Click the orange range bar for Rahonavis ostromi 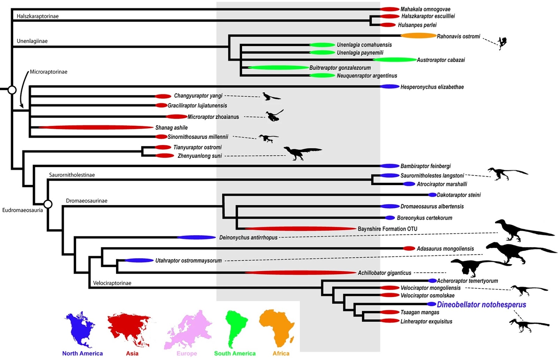pyautogui.click(x=418, y=36)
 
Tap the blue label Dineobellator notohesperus pyautogui.click(x=481, y=305)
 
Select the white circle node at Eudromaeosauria pyautogui.click(x=48, y=204)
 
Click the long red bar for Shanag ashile pyautogui.click(x=96, y=128)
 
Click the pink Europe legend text pyautogui.click(x=187, y=353)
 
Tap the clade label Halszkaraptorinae pyautogui.click(x=38, y=16)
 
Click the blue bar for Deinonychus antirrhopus pyautogui.click(x=196, y=237)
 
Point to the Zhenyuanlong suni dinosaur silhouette pyautogui.click(x=302, y=153)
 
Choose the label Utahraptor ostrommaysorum pyautogui.click(x=188, y=260)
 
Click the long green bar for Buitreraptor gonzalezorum pyautogui.click(x=278, y=68)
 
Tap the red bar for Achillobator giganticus pyautogui.click(x=300, y=273)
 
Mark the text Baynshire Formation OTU pyautogui.click(x=387, y=229)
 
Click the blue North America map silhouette pyautogui.click(x=80, y=329)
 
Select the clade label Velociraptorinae pyautogui.click(x=112, y=283)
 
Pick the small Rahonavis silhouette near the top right pyautogui.click(x=502, y=43)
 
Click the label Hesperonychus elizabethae pyautogui.click(x=432, y=87)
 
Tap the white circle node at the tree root pyautogui.click(x=12, y=90)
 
